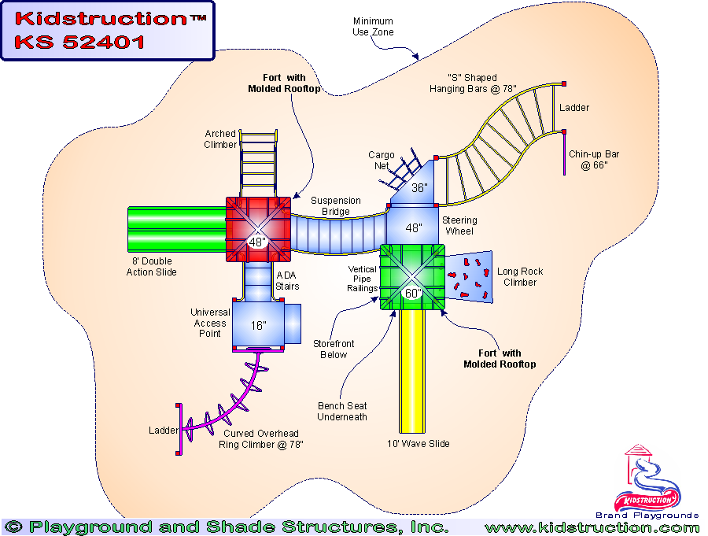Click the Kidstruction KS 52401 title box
107,30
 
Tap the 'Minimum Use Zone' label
374,27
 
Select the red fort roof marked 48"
258,228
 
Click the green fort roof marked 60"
413,276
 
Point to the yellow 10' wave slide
413,370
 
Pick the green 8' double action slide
176,228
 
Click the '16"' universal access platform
259,323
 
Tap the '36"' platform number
419,188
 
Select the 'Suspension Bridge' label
336,206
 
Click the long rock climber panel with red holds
470,276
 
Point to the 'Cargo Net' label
382,161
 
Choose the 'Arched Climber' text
220,139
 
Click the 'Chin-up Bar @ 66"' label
594,160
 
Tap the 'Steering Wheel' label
459,226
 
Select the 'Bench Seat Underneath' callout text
342,412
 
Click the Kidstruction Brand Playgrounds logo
648,482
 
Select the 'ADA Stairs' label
287,280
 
